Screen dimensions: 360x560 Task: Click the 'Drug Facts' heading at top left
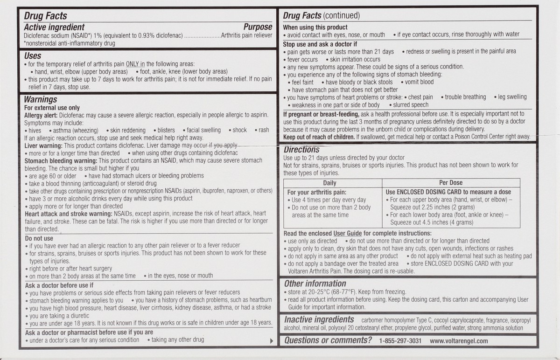[x=46, y=16]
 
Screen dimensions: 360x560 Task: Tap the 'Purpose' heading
[x=258, y=27]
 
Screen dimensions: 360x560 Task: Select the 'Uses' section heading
[x=33, y=55]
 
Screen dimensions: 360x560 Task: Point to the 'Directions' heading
[x=301, y=150]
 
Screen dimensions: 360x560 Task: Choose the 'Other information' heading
[x=315, y=284]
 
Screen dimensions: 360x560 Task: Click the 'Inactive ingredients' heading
[x=319, y=319]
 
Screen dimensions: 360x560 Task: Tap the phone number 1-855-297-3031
[x=400, y=341]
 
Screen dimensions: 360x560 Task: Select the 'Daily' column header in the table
[x=329, y=183]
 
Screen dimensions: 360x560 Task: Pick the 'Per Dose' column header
[x=450, y=183]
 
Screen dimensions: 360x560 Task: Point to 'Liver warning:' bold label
[x=42, y=145]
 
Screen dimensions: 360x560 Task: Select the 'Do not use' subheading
[x=39, y=238]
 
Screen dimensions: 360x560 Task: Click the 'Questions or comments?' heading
[x=328, y=340]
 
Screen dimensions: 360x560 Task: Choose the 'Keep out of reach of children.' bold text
[x=319, y=137]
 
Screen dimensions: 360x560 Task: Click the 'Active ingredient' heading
[x=54, y=27]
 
